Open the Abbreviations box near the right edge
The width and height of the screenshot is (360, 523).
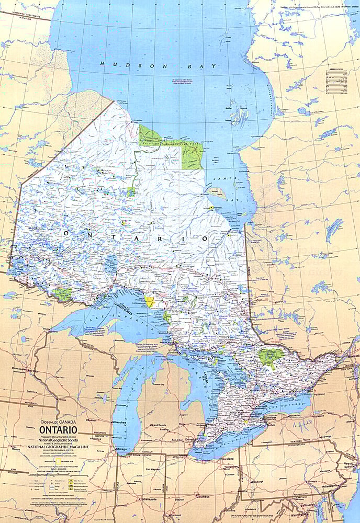pyautogui.click(x=337, y=78)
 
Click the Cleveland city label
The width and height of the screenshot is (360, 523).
pyautogui.click(x=227, y=458)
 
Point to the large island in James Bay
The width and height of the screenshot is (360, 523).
pyautogui.click(x=217, y=192)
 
